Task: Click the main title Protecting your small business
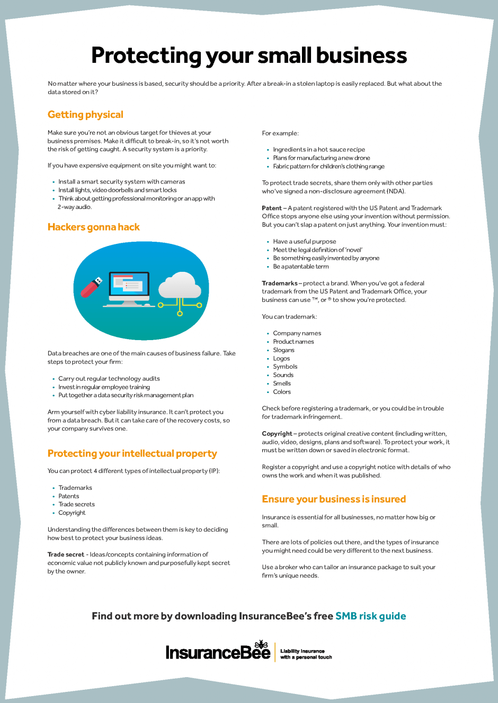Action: (x=248, y=56)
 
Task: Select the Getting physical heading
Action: (x=85, y=115)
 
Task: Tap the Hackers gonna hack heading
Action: (x=93, y=227)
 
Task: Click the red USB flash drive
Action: (x=91, y=287)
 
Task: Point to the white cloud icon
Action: (x=180, y=286)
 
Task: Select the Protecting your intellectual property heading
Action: (x=132, y=453)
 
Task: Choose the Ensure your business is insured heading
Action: (x=333, y=499)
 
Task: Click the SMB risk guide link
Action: (x=370, y=616)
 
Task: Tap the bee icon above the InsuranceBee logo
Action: (x=262, y=644)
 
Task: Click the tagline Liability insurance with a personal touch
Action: (x=306, y=654)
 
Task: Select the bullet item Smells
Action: (x=282, y=384)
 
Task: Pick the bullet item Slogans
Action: (x=283, y=350)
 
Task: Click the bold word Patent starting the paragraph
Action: (x=271, y=208)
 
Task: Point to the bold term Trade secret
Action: (x=66, y=555)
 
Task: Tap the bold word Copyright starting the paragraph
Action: (x=277, y=434)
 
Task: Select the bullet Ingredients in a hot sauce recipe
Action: (x=318, y=150)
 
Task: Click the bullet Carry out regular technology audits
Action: (x=109, y=379)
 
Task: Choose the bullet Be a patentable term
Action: (x=300, y=267)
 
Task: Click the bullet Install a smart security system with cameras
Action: (x=121, y=182)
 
